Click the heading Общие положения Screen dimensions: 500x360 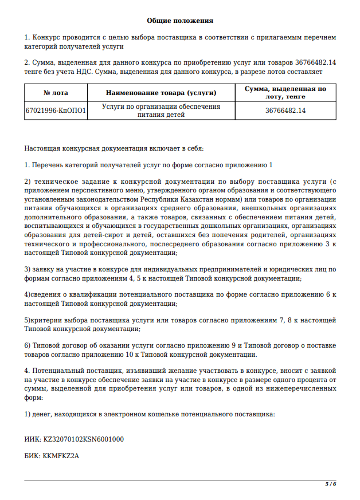(x=179, y=21)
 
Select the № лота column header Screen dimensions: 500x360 (x=56, y=93)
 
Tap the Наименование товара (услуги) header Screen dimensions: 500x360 (x=161, y=93)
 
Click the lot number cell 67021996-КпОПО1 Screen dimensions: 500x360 (x=56, y=111)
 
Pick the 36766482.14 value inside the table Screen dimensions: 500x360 (x=285, y=111)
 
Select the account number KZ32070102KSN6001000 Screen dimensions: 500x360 (x=84, y=439)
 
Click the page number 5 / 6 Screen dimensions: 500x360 (x=331, y=484)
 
